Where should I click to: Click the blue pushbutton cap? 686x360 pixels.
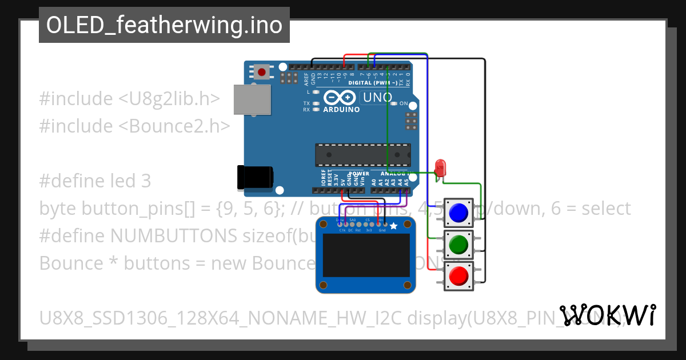(x=458, y=213)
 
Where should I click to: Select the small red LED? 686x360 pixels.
(x=440, y=167)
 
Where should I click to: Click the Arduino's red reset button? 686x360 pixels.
(x=262, y=72)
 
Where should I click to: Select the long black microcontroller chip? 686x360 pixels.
(x=362, y=154)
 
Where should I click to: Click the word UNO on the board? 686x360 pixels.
(x=378, y=97)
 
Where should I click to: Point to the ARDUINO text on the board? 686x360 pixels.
(x=341, y=109)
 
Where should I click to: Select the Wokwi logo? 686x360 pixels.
(x=607, y=315)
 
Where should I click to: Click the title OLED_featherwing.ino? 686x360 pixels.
(x=164, y=25)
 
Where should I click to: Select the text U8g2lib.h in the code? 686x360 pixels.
(x=169, y=99)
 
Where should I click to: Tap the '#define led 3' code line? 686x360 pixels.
(x=95, y=181)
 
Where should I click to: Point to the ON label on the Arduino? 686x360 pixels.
(x=404, y=103)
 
